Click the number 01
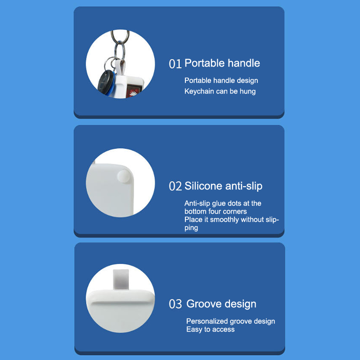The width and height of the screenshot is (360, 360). [175, 64]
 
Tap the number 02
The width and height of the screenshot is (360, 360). [175, 186]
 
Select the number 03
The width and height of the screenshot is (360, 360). [175, 304]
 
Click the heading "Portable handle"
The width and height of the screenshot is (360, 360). [222, 63]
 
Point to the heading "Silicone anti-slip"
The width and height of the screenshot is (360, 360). [223, 186]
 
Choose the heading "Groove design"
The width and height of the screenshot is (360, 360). [221, 304]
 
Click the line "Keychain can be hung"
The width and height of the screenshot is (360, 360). [220, 91]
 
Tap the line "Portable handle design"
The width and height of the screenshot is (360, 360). [221, 81]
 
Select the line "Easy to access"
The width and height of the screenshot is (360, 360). [211, 329]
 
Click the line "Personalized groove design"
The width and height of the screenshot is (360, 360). [230, 321]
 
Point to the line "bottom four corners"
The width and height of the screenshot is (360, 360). [216, 211]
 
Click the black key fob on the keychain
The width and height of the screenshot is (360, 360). [106, 82]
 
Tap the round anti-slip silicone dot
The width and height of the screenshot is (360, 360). [124, 176]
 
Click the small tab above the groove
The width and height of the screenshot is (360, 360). [121, 279]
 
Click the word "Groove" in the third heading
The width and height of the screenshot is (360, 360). [204, 304]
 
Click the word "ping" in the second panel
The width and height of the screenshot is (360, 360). [191, 228]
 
